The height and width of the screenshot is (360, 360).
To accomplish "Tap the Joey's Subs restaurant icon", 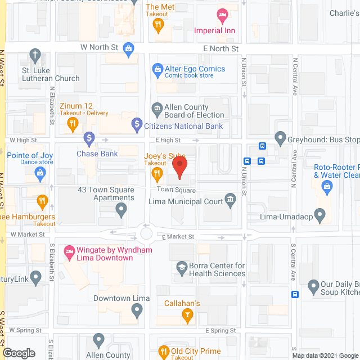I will (x=158, y=175).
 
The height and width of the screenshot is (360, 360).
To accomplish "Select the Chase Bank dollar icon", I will (x=89, y=138).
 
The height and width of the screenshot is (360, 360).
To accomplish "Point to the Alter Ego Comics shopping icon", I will (x=158, y=70).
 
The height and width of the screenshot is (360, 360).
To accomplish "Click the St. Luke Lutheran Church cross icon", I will (x=35, y=56).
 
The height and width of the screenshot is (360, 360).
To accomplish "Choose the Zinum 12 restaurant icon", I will (x=72, y=125).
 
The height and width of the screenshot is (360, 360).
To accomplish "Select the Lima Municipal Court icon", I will (x=229, y=199).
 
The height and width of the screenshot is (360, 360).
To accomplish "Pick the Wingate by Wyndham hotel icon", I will (x=69, y=250).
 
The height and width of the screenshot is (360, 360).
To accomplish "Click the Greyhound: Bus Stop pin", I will (x=280, y=137).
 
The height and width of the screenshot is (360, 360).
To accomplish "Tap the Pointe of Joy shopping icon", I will (x=40, y=173).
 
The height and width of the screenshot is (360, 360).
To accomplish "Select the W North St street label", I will (x=100, y=48).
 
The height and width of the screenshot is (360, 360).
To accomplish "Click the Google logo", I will (x=18, y=353).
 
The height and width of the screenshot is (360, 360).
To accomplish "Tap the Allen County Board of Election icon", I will (x=157, y=108).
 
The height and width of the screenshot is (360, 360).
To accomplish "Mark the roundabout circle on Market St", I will (x=147, y=232).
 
